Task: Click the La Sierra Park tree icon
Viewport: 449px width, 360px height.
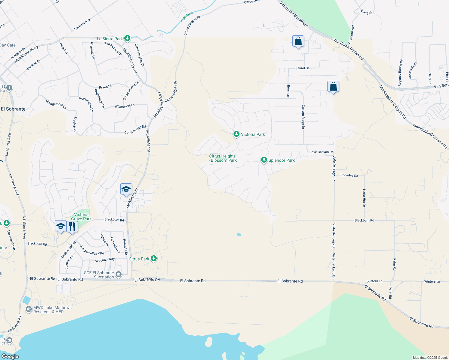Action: point(127,38)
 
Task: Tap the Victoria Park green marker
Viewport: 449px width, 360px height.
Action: point(237,134)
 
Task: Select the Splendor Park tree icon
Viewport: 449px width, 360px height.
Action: point(264,160)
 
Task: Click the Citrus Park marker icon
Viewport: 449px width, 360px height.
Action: point(154,258)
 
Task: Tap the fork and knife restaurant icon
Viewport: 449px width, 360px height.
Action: point(72,226)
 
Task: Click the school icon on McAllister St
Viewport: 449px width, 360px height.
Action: point(126,189)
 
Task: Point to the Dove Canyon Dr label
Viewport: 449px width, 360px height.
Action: point(321,152)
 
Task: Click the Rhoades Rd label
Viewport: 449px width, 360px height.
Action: point(349,175)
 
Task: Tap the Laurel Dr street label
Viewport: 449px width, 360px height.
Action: point(302,68)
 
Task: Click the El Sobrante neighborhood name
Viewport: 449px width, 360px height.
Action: point(13,109)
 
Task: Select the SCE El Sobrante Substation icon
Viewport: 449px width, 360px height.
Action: point(119,274)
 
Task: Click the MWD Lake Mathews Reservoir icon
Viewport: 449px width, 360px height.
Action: point(29,309)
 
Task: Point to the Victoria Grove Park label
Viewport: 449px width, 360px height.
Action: point(81,217)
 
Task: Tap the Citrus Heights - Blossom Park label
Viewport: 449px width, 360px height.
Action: point(223,158)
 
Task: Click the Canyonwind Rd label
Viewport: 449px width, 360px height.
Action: point(135,130)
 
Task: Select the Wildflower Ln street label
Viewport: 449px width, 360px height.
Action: point(125,106)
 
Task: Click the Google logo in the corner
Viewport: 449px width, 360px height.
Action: point(10,356)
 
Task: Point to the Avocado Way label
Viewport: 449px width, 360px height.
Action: point(104,260)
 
